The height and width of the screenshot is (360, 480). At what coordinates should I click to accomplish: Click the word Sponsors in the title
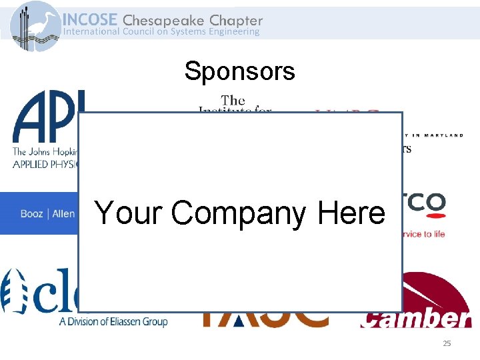(x=239, y=71)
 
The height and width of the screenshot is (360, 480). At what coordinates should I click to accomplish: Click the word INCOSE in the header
(x=90, y=20)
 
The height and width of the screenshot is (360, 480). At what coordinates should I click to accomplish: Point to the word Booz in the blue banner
(x=31, y=214)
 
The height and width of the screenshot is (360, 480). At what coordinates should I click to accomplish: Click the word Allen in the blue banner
(x=64, y=214)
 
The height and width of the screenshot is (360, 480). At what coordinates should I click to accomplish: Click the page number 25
(x=447, y=343)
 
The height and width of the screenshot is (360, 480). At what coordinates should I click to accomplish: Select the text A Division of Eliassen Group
(x=113, y=321)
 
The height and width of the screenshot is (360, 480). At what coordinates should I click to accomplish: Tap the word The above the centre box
(x=233, y=101)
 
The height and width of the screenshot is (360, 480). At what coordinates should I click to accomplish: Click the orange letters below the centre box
(x=267, y=319)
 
